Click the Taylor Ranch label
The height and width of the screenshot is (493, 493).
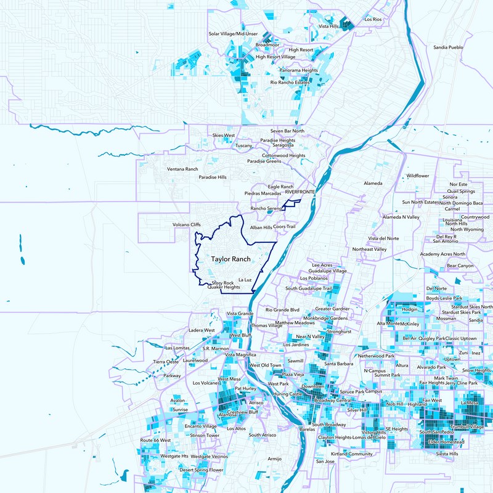230,259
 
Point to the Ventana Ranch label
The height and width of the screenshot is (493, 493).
182,169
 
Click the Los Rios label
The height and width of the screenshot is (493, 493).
373,20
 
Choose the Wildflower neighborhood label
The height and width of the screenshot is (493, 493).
417,176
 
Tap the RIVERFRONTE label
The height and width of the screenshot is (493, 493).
300,192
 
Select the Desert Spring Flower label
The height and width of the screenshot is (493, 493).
201,470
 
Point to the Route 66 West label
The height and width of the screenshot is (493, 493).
155,441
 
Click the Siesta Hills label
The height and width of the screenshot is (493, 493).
447,454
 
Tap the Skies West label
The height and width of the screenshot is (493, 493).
224,135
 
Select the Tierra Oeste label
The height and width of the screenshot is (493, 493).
166,362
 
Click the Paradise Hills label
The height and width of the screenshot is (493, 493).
213,177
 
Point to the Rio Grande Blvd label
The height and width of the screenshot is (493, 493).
282,309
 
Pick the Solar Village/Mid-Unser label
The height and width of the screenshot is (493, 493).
233,34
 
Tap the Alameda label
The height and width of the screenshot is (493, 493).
373,183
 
